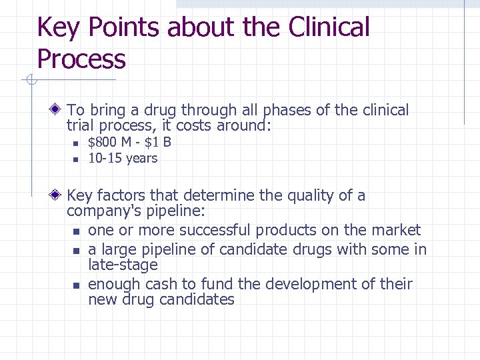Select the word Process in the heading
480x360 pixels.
pyautogui.click(x=81, y=59)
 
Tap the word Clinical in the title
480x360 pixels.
pyautogui.click(x=329, y=28)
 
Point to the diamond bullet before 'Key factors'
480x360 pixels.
pyautogui.click(x=58, y=195)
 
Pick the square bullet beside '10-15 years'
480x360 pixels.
pyautogui.click(x=75, y=159)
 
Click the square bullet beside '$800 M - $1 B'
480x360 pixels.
pyautogui.click(x=75, y=143)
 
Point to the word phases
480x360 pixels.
pyautogui.click(x=287, y=111)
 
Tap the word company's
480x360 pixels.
pyautogui.click(x=99, y=212)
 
